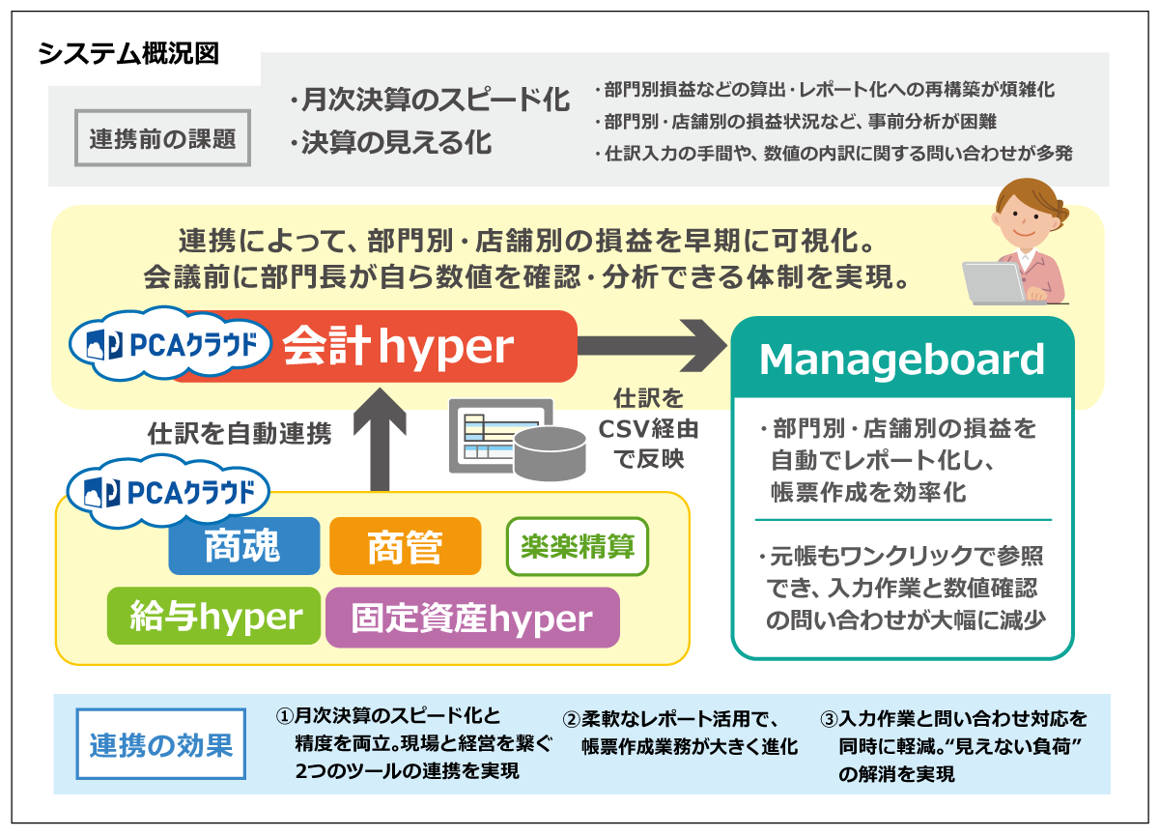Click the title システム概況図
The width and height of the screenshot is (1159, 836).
(x=128, y=54)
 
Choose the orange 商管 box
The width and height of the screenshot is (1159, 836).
(x=405, y=547)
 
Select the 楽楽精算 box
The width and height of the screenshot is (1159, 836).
(x=578, y=547)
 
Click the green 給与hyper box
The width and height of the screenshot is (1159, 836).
(x=213, y=617)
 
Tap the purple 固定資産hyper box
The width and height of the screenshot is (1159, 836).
(x=471, y=618)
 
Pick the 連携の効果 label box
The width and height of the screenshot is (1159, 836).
(x=161, y=745)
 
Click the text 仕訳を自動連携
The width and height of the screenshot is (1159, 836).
(x=240, y=434)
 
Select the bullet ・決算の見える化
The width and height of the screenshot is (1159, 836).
(x=390, y=143)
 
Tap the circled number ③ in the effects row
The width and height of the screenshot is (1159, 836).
(x=829, y=720)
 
